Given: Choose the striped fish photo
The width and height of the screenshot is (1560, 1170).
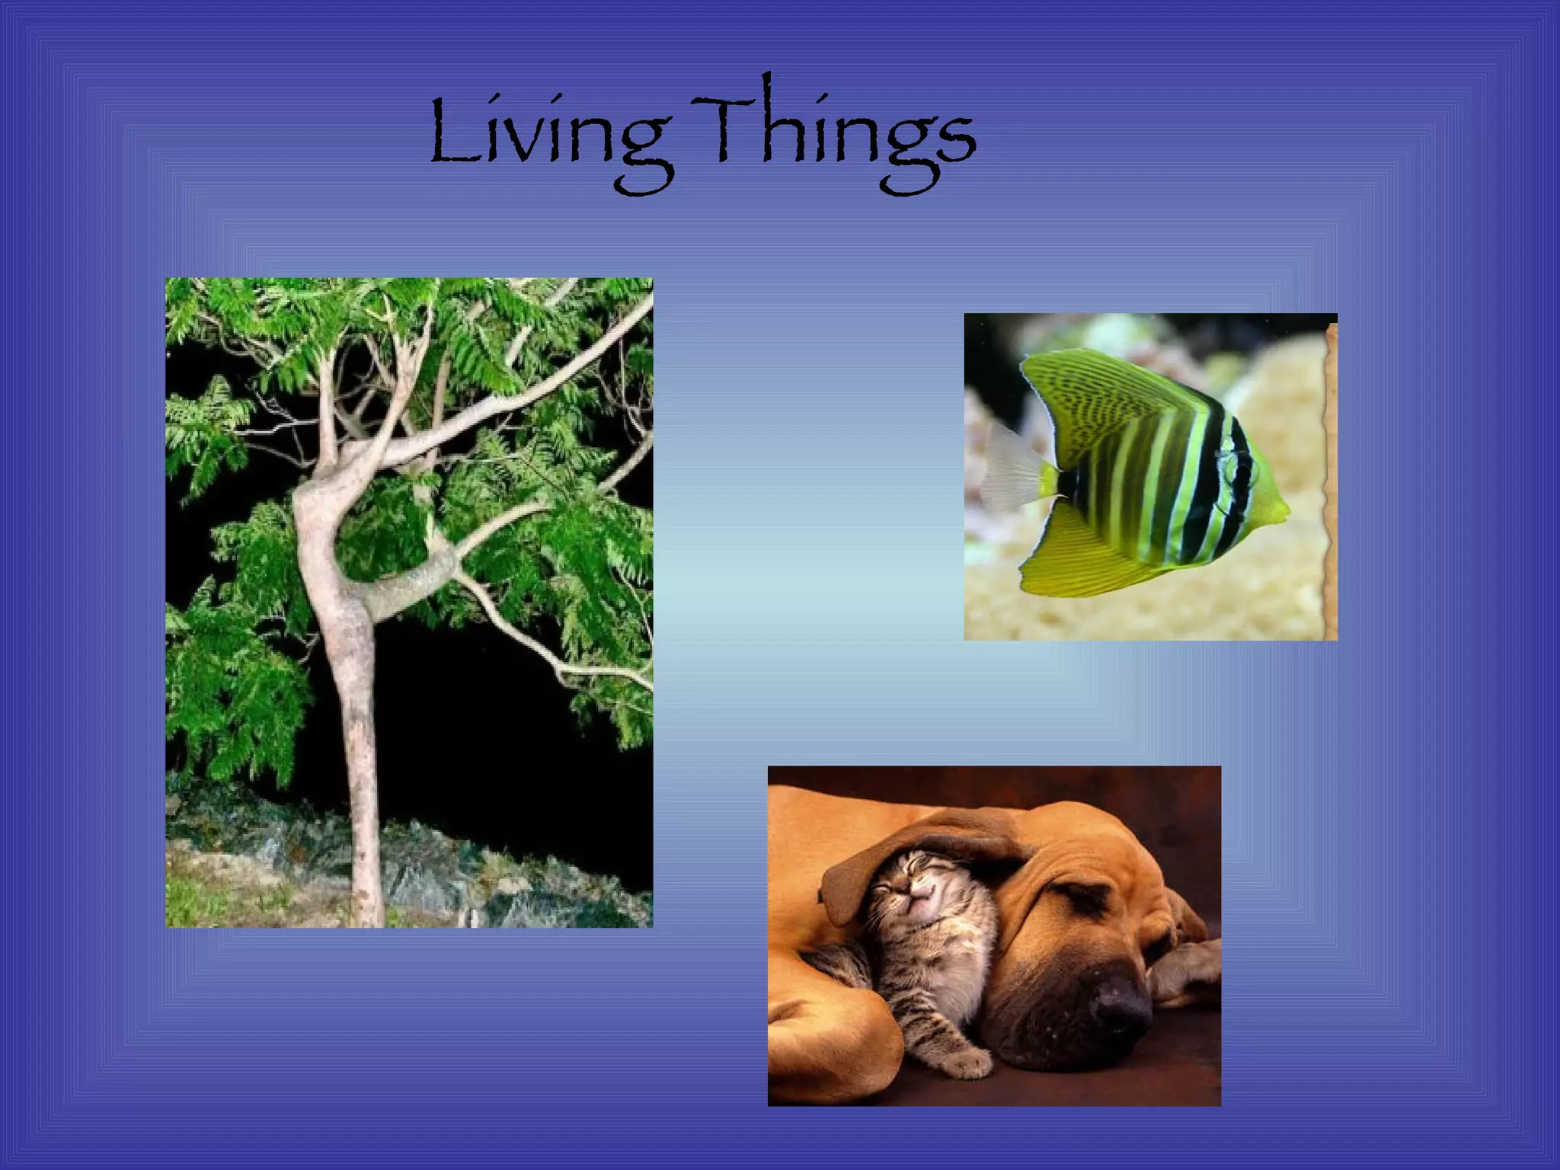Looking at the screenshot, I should pos(1150,476).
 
